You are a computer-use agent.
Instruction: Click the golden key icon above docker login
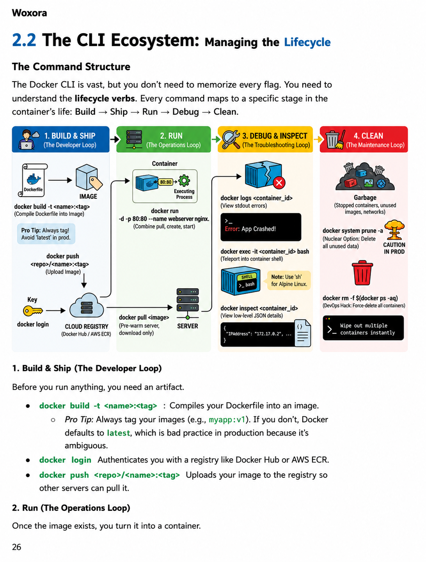click(33, 311)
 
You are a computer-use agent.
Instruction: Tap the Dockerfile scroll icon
click(33, 180)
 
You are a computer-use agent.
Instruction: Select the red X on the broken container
click(279, 183)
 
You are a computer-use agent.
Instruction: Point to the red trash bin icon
click(362, 273)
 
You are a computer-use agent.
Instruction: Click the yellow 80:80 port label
click(166, 182)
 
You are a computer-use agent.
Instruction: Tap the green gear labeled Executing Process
click(184, 181)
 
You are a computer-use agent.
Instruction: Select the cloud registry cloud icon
click(87, 306)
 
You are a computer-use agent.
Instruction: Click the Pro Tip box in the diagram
click(46, 234)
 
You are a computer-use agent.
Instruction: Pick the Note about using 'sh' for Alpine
click(289, 280)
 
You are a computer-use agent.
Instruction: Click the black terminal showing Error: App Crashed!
click(261, 227)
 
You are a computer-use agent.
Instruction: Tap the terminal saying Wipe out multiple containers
click(363, 328)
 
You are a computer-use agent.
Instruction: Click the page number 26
click(17, 547)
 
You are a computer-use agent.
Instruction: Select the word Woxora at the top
click(29, 13)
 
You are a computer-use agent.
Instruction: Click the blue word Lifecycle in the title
click(307, 42)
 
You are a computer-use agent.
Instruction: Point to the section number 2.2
click(24, 40)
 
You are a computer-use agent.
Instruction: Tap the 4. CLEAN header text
click(368, 136)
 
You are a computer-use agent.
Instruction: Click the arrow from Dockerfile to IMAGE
click(60, 180)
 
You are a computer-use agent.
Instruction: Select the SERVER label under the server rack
click(187, 326)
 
